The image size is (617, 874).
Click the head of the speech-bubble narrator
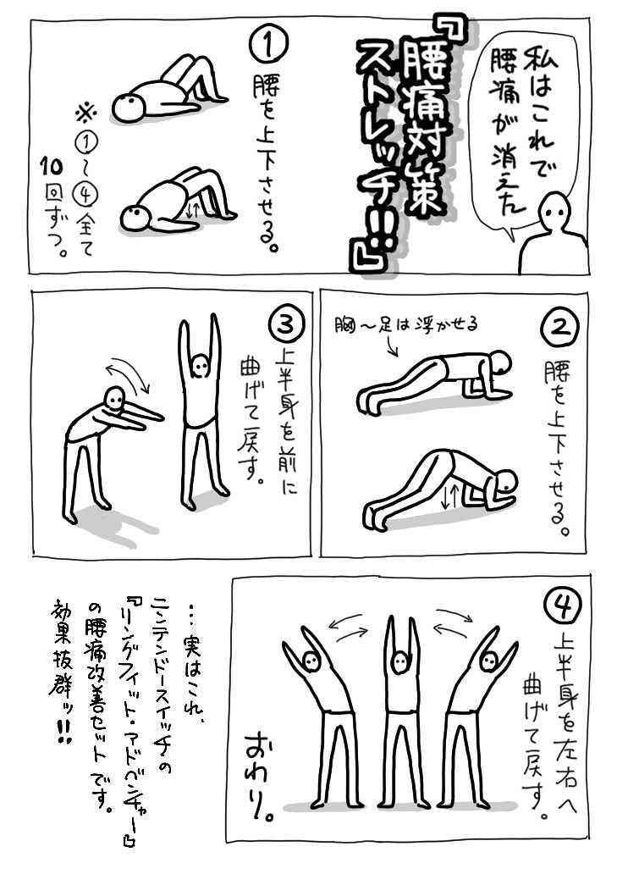click(x=556, y=210)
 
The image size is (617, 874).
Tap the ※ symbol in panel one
click(x=86, y=114)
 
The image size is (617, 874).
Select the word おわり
click(x=261, y=777)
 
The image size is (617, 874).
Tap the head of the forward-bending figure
click(x=115, y=401)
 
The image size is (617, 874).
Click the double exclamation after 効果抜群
click(x=63, y=732)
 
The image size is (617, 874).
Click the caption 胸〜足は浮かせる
click(x=406, y=324)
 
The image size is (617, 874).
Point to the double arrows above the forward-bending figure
click(x=129, y=373)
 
